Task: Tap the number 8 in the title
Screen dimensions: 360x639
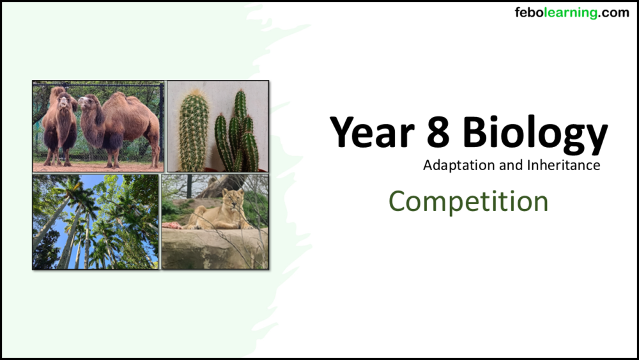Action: pos(436,133)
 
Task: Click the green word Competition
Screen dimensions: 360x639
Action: pos(468,201)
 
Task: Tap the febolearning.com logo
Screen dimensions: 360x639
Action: pos(572,13)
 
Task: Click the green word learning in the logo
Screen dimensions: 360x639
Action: pos(568,13)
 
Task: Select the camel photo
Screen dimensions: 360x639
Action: pos(98,126)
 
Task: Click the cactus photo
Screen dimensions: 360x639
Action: pos(217,126)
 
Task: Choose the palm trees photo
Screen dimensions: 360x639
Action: pos(96,222)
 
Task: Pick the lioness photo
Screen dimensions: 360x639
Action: pos(215,222)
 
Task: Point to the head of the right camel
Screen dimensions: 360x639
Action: pos(88,102)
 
